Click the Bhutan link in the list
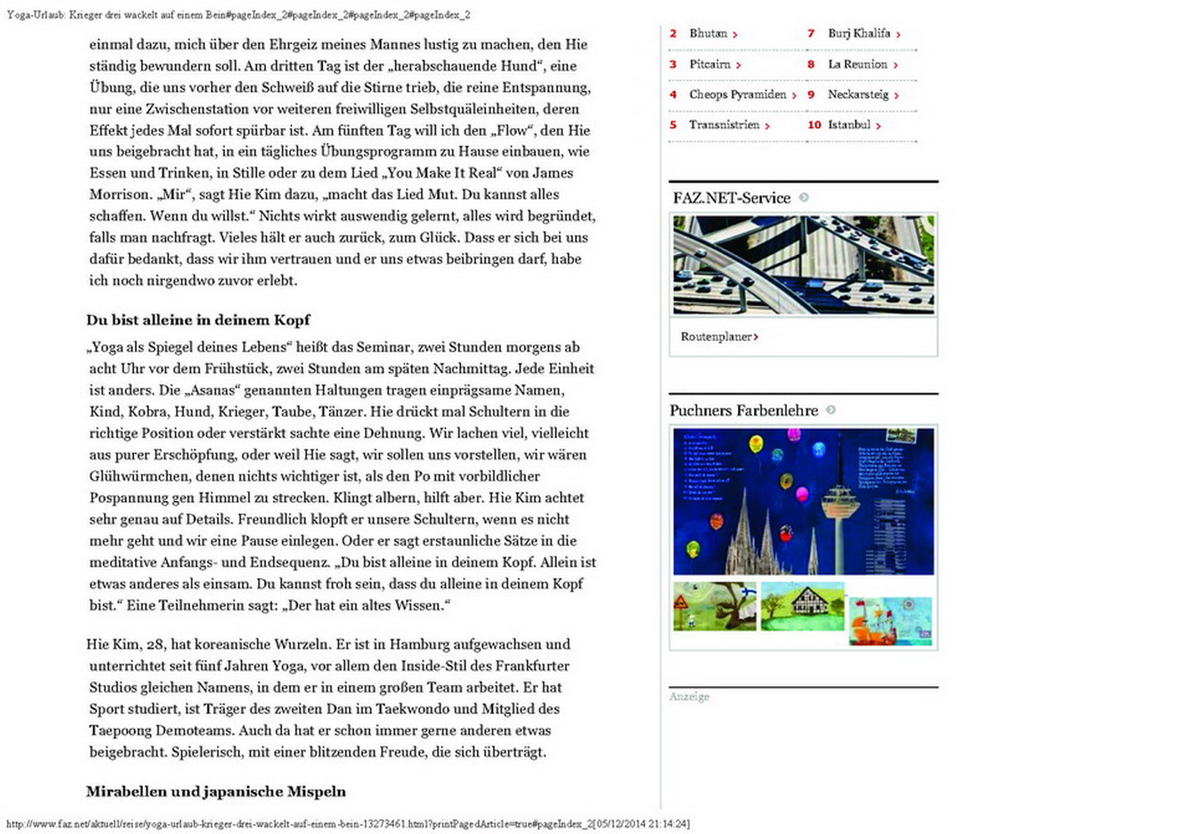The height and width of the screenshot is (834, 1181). [x=708, y=34]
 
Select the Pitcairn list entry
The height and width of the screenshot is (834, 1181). [x=710, y=65]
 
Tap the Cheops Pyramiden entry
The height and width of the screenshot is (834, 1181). [x=738, y=95]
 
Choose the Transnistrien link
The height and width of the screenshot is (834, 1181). [x=724, y=125]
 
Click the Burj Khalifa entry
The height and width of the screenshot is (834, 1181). [x=859, y=34]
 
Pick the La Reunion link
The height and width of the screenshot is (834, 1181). [x=857, y=65]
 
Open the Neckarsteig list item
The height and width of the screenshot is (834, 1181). [x=858, y=95]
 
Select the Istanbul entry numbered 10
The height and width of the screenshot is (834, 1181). [x=849, y=125]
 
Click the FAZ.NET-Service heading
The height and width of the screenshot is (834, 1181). [x=731, y=198]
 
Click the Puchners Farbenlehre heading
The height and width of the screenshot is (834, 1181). [x=744, y=411]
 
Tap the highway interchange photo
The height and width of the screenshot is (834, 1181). [x=803, y=265]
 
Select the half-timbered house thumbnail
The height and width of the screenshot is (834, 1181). [x=803, y=606]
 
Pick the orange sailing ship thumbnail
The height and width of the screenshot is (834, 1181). [x=890, y=621]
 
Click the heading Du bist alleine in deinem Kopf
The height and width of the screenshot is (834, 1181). [x=198, y=320]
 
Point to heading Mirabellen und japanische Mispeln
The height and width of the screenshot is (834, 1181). [x=216, y=791]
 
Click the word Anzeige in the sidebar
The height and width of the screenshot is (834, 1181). [x=689, y=697]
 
